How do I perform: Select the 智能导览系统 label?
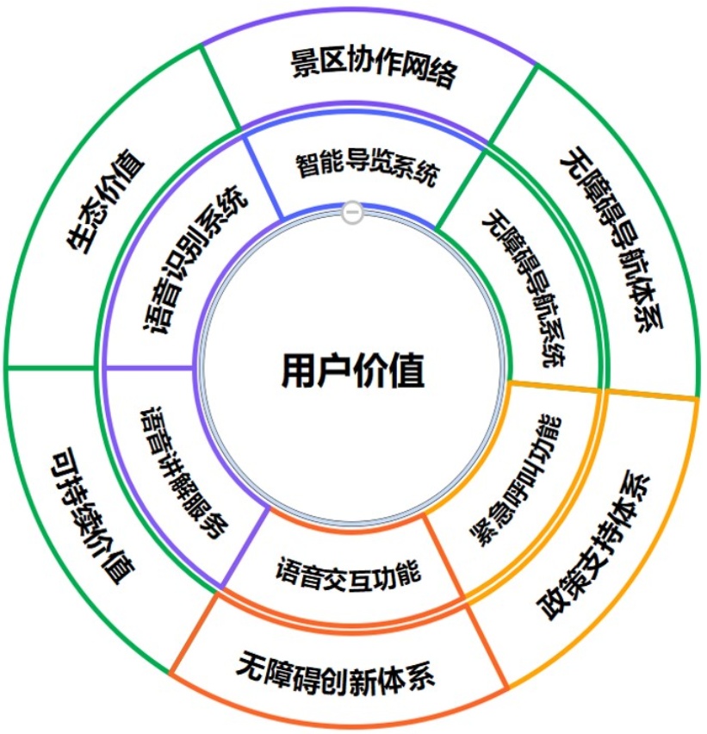point(367,167)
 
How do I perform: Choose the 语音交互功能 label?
point(348,570)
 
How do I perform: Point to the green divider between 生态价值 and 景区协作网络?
point(220,87)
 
